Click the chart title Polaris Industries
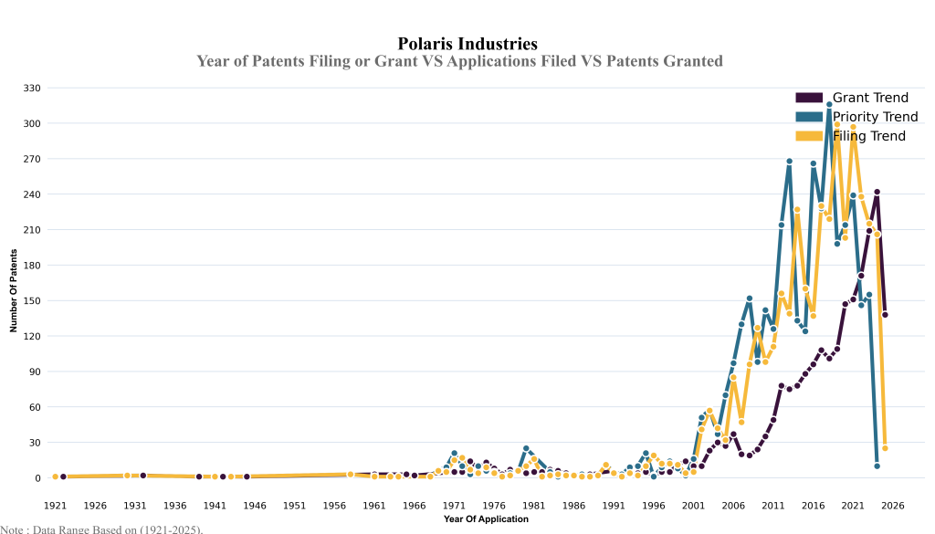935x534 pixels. [x=467, y=44]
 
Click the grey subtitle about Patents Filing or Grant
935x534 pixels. [x=459, y=61]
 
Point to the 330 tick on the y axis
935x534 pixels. [x=32, y=88]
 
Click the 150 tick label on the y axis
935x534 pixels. [x=32, y=300]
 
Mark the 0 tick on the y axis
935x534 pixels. [x=38, y=477]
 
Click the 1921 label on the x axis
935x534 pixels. [x=55, y=505]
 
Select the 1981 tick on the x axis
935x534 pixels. [x=534, y=505]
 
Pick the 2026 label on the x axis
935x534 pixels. [x=893, y=505]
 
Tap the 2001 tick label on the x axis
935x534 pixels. [x=693, y=505]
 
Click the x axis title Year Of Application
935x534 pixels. [x=486, y=518]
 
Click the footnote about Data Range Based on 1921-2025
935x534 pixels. [x=101, y=529]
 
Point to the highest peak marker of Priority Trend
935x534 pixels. [x=829, y=105]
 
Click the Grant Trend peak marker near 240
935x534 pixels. [x=877, y=192]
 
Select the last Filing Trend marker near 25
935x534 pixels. [x=885, y=448]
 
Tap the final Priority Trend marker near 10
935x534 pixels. [x=877, y=466]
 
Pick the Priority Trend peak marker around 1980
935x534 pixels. [x=526, y=448]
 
